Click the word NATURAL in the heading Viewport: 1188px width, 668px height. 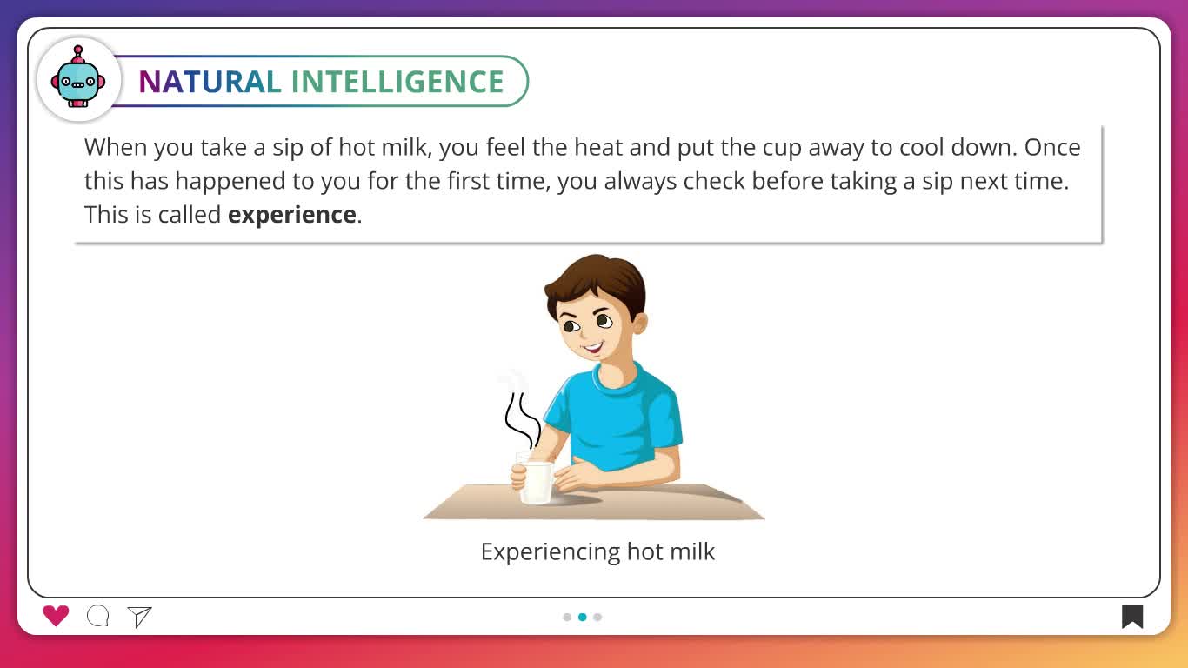pyautogui.click(x=210, y=82)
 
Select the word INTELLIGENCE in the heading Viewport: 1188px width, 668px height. pyautogui.click(x=397, y=82)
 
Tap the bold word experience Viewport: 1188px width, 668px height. pyautogui.click(x=291, y=215)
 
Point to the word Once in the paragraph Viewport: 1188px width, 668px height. pyautogui.click(x=1052, y=148)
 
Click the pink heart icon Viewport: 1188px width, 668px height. pyautogui.click(x=56, y=616)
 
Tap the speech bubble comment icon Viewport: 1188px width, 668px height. pyautogui.click(x=98, y=616)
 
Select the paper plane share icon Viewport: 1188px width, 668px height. pyautogui.click(x=140, y=617)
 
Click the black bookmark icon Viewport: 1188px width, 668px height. pyautogui.click(x=1131, y=617)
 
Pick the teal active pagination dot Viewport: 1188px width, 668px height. pyautogui.click(x=583, y=617)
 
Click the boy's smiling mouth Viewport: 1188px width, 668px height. pyautogui.click(x=592, y=349)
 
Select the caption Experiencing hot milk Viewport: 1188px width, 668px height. pyautogui.click(x=597, y=551)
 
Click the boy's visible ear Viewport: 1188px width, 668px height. pyautogui.click(x=640, y=323)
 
